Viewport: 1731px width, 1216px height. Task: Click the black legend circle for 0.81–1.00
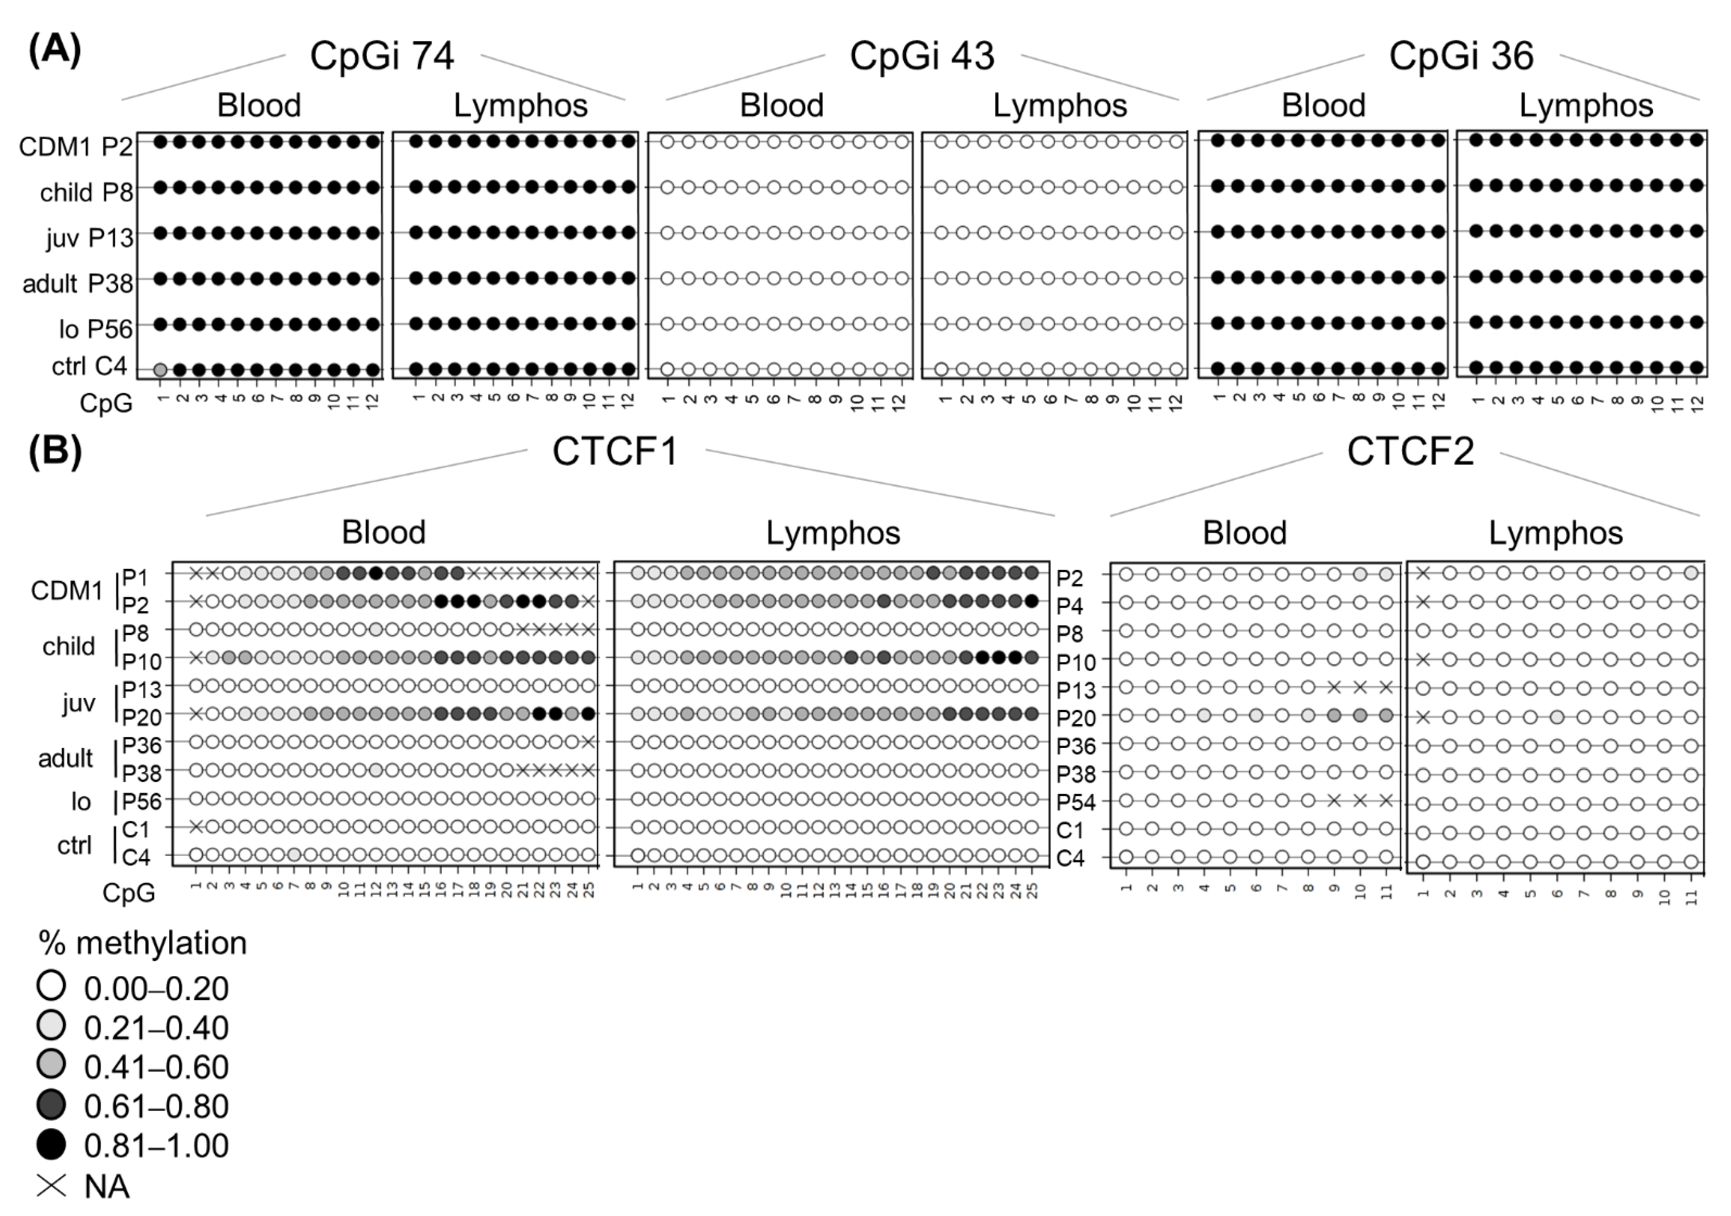point(51,1144)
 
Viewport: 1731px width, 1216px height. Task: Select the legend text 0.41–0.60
point(156,1067)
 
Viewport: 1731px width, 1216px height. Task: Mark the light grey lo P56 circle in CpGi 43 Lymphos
point(1027,324)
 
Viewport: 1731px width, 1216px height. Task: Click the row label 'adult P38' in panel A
point(77,284)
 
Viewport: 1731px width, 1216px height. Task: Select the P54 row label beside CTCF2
point(1075,802)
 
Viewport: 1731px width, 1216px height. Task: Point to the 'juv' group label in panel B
point(78,703)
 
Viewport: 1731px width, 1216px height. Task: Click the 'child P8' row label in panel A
point(86,193)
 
